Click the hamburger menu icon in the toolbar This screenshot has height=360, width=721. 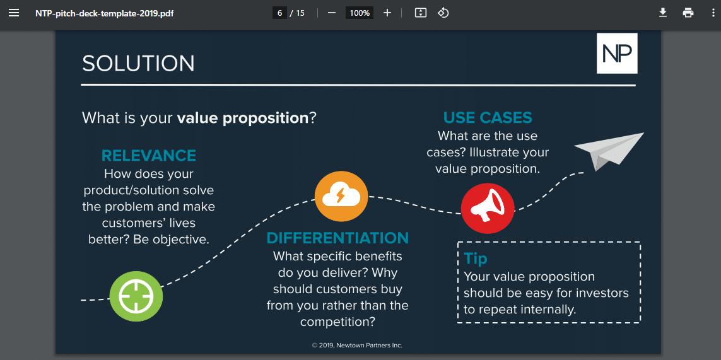pyautogui.click(x=14, y=13)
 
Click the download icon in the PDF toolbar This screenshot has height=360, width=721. pyautogui.click(x=663, y=13)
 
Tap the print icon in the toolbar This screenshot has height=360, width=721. pyautogui.click(x=688, y=13)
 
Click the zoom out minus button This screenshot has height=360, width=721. pyautogui.click(x=332, y=13)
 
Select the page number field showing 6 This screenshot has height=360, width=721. pyautogui.click(x=279, y=13)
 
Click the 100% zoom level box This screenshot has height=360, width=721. pyautogui.click(x=360, y=13)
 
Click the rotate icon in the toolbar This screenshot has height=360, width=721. pyautogui.click(x=443, y=13)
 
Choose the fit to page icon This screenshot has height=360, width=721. pyautogui.click(x=421, y=13)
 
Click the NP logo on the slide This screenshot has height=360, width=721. pyautogui.click(x=617, y=54)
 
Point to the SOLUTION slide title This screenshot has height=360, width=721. pyautogui.click(x=138, y=64)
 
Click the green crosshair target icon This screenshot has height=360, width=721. pyautogui.click(x=136, y=295)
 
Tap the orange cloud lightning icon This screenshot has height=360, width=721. pyautogui.click(x=341, y=196)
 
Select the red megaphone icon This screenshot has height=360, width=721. pyautogui.click(x=488, y=207)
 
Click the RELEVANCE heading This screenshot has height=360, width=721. pyautogui.click(x=149, y=156)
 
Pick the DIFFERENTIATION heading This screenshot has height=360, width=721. pyautogui.click(x=337, y=238)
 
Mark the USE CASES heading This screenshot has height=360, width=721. pyautogui.click(x=488, y=118)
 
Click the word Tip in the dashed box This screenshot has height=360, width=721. pyautogui.click(x=476, y=258)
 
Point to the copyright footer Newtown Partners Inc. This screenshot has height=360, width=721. pyautogui.click(x=357, y=345)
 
